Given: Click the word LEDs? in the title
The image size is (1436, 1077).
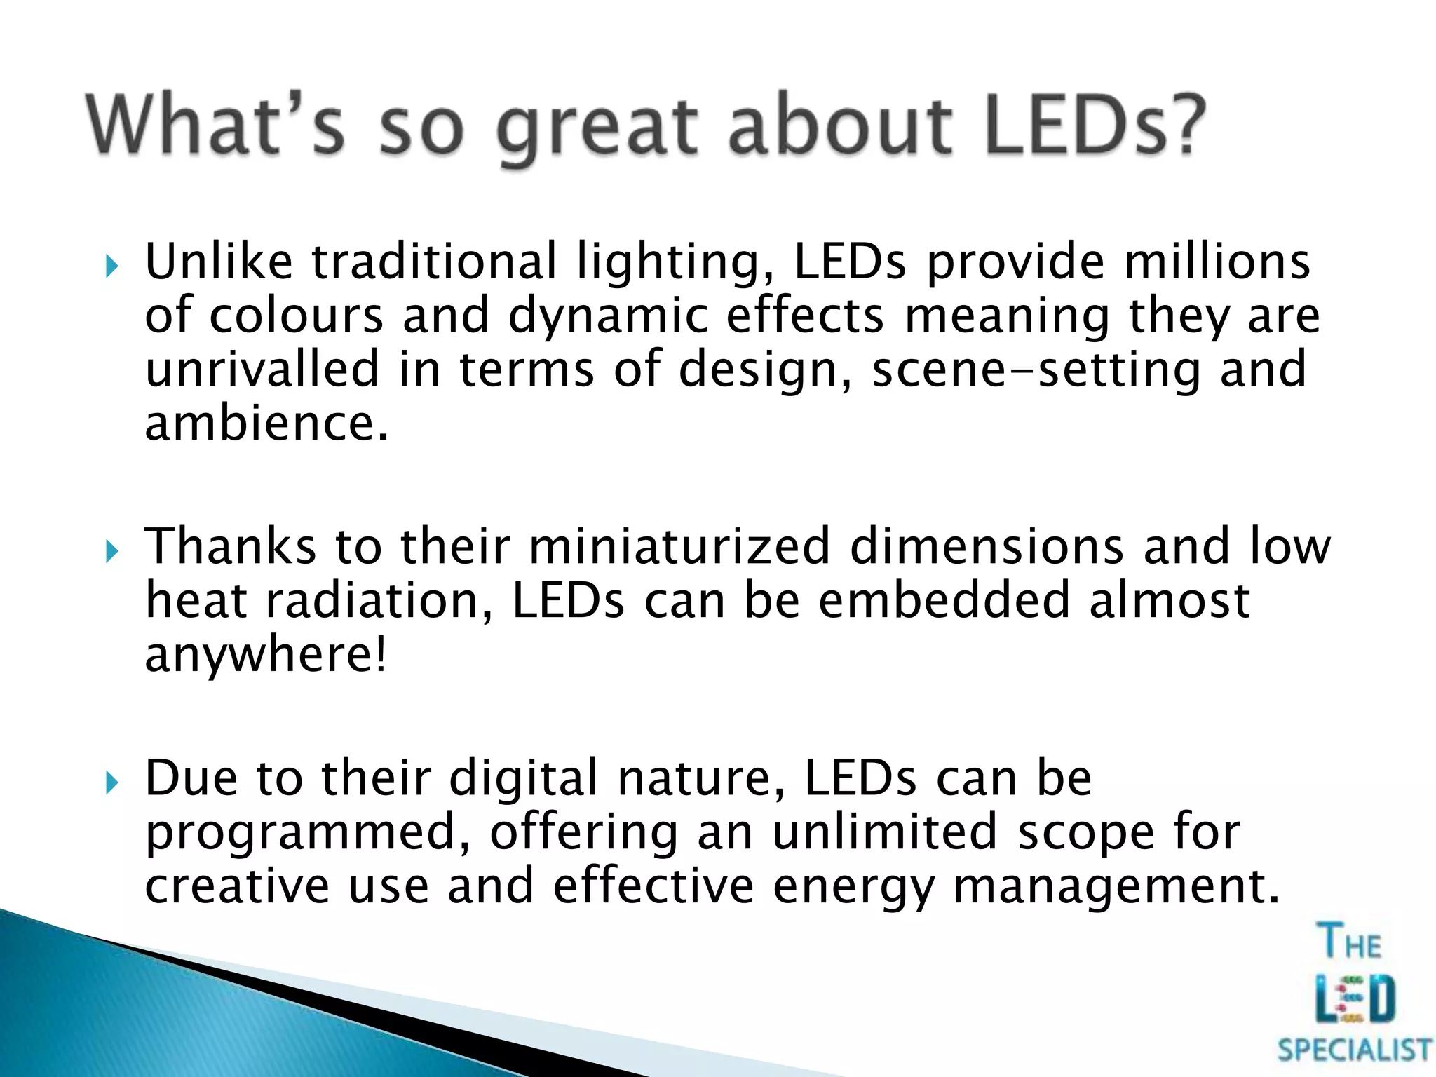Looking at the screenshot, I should point(1094,126).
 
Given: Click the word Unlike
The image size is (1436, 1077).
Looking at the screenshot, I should point(218,261).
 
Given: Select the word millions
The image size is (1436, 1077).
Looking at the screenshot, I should point(1217,261).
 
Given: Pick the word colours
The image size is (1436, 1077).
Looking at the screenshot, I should point(297,316).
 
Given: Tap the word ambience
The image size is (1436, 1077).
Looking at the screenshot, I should point(266,424).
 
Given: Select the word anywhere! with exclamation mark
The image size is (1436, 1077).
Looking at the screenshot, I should point(265,656).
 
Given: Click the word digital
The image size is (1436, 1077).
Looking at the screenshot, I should point(523,778).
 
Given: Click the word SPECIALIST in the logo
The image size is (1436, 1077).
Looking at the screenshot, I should point(1354,1050).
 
